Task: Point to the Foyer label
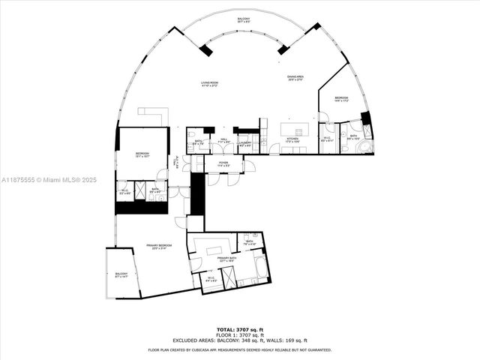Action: click(x=223, y=163)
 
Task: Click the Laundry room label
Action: click(x=245, y=141)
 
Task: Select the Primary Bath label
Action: click(x=227, y=260)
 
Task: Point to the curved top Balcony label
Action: click(x=244, y=19)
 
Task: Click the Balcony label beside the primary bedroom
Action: click(x=121, y=275)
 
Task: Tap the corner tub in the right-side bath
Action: click(x=364, y=146)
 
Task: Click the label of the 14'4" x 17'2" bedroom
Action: click(x=340, y=100)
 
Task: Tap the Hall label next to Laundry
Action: click(x=223, y=140)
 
